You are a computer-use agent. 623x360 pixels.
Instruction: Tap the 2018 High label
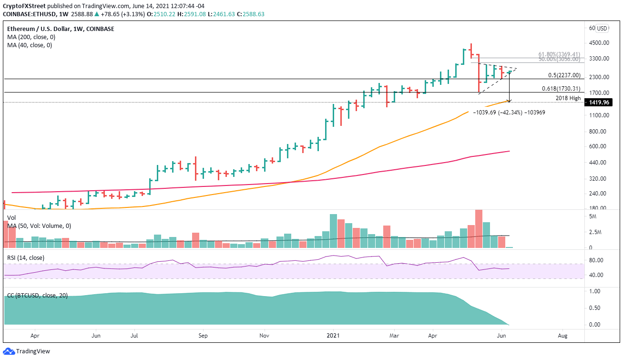coord(568,98)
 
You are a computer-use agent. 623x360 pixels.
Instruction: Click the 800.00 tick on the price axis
coord(598,132)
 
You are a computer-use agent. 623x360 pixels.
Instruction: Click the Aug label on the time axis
coord(564,335)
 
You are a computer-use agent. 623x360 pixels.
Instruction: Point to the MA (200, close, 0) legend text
coord(30,37)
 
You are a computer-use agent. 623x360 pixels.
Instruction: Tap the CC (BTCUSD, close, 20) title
coord(37,296)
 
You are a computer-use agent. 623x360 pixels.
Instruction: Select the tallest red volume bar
coord(479,229)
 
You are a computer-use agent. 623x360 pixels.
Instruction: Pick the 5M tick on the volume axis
coord(593,216)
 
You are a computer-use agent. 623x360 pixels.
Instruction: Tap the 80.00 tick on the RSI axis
coord(596,260)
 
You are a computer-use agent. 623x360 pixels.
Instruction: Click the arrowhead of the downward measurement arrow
coord(509,101)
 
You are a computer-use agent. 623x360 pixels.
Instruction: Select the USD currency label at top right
coord(603,28)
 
